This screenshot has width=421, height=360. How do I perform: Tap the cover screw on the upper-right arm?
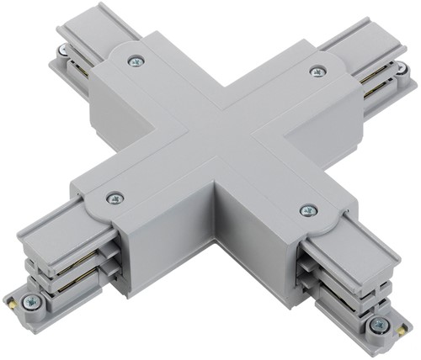click(x=317, y=71)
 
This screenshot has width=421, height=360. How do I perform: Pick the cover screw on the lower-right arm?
click(x=308, y=210)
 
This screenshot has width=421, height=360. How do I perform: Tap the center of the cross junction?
click(x=221, y=135)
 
